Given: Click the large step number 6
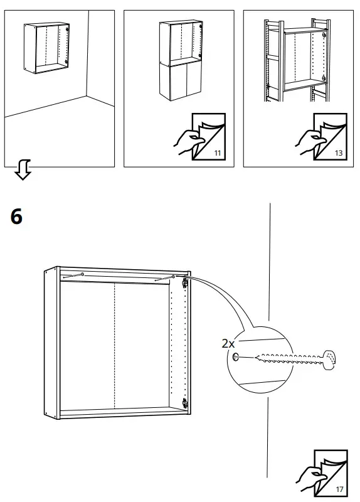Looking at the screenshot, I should (x=17, y=217).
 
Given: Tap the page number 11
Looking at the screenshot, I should (x=218, y=153).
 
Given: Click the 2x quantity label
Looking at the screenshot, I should (x=229, y=344).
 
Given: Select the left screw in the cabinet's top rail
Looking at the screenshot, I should (x=75, y=275).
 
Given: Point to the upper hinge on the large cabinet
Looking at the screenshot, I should (x=185, y=284).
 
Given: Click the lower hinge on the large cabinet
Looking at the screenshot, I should (x=184, y=402).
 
